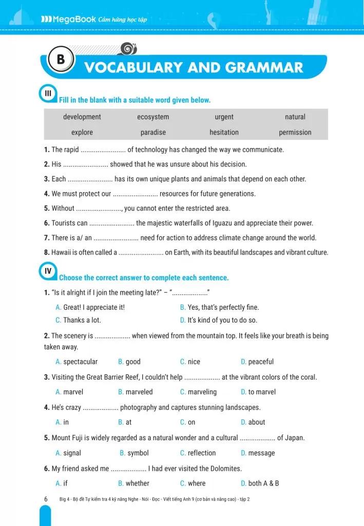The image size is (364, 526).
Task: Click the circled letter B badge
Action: coord(61,60)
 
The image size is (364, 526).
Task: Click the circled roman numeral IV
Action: coord(47,271)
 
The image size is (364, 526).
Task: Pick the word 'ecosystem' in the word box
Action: coord(153,117)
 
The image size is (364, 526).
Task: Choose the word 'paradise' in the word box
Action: coord(153,133)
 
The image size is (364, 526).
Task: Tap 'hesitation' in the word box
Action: coord(224,133)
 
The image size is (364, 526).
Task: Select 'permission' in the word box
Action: coord(295,133)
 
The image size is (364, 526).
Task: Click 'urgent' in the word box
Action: coord(224,117)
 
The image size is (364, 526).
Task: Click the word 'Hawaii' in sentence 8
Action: coord(61,252)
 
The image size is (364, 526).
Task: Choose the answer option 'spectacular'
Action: coord(80,362)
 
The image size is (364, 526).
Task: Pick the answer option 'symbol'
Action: coord(138,453)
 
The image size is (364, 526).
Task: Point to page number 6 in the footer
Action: coord(46,499)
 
